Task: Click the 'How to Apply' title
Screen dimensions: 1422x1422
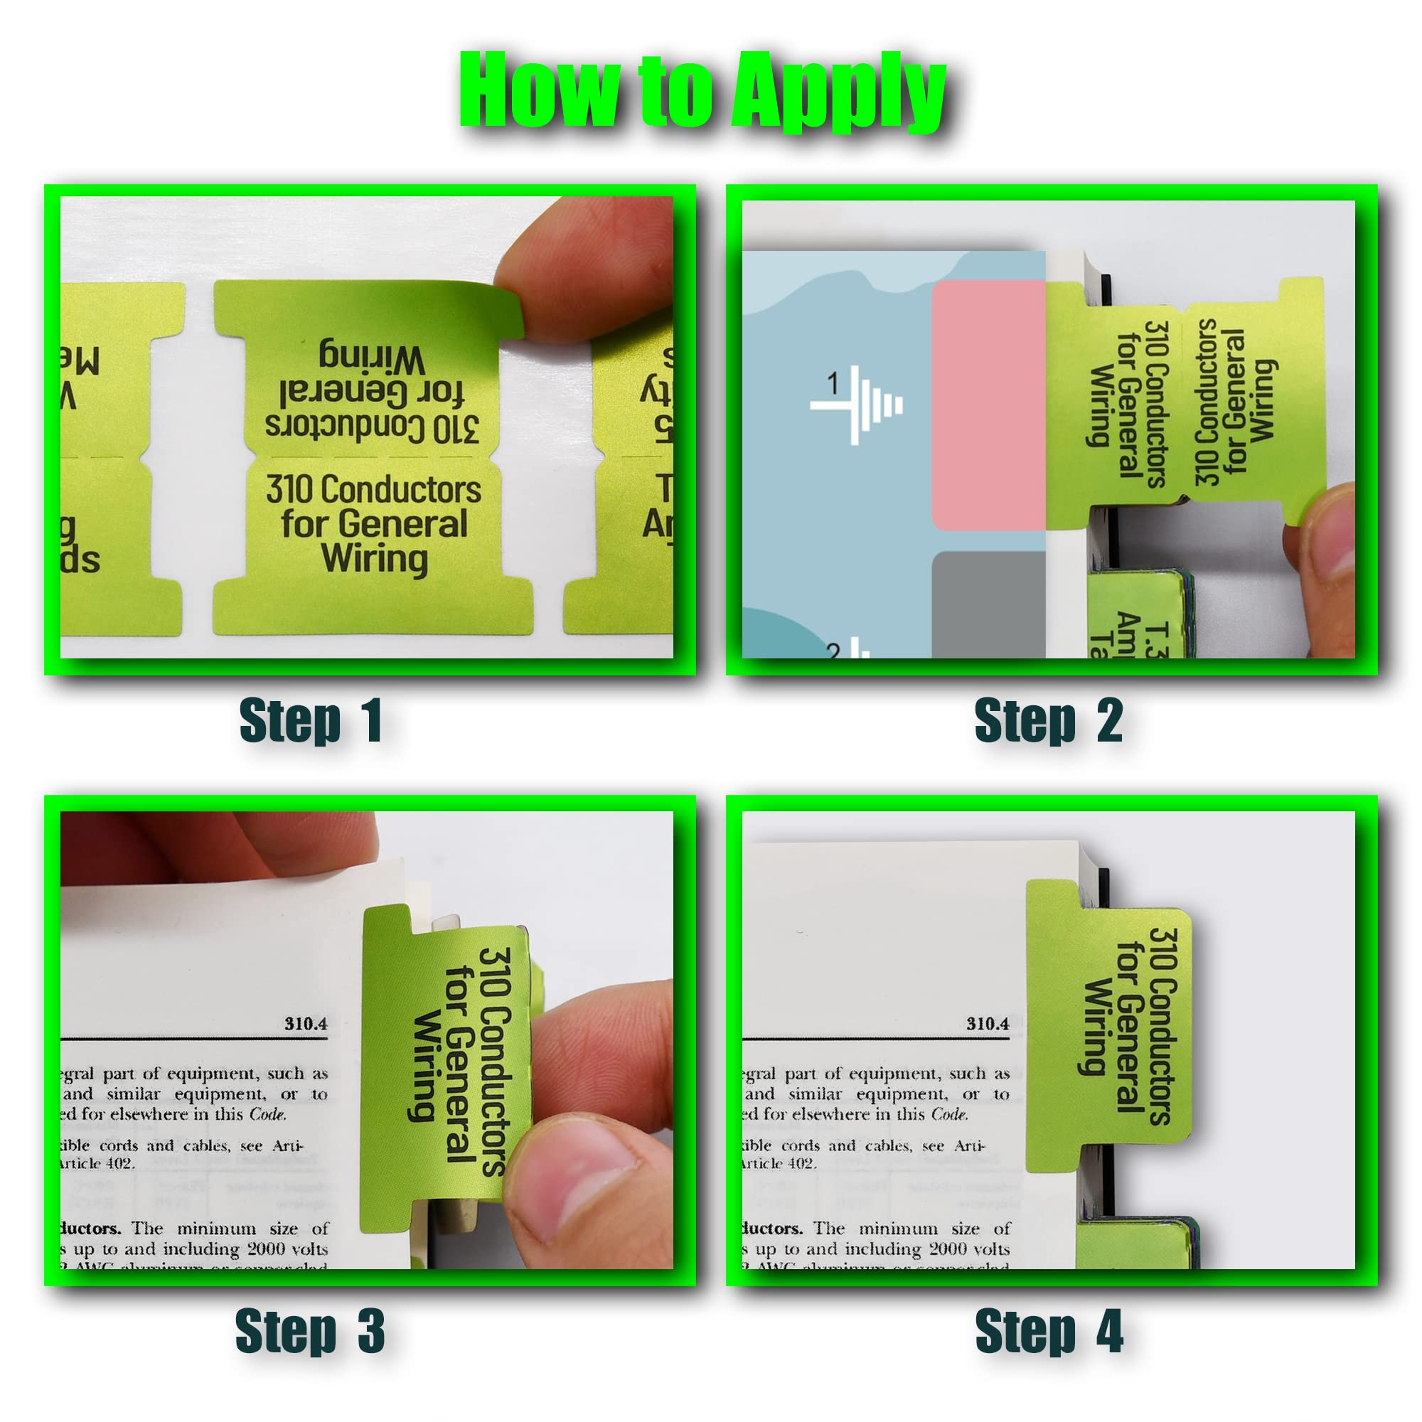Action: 703,92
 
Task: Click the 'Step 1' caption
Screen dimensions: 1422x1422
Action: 310,720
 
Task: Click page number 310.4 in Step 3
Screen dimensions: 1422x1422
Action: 306,1024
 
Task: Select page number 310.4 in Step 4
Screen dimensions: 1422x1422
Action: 987,1024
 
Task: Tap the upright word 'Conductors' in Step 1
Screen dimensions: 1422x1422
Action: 401,489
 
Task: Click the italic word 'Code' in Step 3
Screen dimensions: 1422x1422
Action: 267,1114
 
